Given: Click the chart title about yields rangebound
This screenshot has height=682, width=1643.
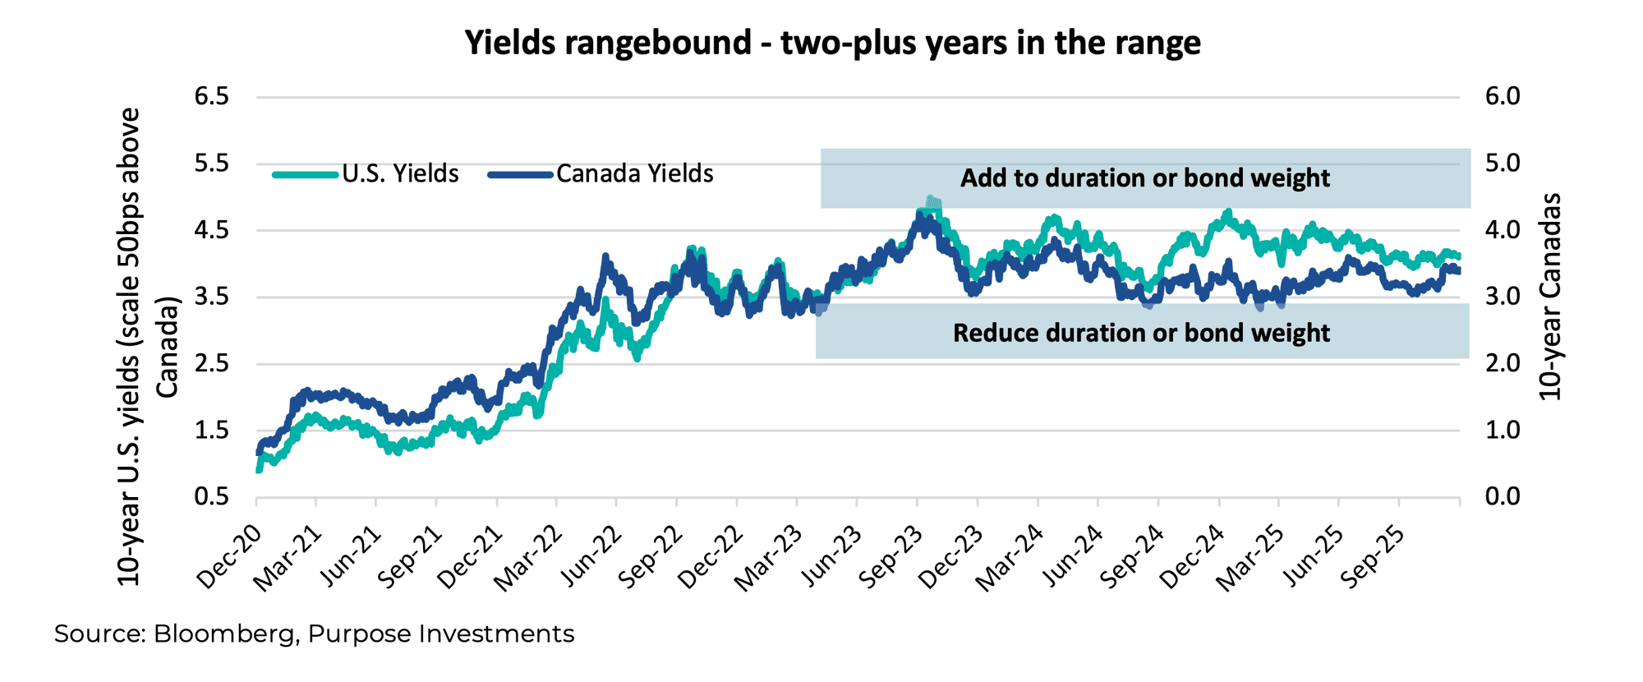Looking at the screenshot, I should pos(832,43).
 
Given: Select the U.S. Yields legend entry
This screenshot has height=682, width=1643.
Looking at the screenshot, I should pos(400,174).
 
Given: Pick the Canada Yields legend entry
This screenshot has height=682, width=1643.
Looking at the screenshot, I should pos(634,174).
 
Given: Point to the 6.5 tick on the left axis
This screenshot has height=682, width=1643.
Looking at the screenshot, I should pos(211,97).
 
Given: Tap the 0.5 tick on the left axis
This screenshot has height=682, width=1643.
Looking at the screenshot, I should pos(211,497).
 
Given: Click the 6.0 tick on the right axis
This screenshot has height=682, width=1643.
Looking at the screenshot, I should pos(1503,97).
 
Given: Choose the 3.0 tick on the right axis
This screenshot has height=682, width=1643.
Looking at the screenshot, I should pos(1503,297).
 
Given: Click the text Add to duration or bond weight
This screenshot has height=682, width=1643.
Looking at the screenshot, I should pos(1144,178).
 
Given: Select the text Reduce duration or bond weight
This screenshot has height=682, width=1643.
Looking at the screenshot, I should pos(1141,333).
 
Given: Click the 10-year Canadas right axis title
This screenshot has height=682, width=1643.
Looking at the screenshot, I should pos(1549,297).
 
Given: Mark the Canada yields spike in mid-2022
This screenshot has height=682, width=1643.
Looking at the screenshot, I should pos(605,258).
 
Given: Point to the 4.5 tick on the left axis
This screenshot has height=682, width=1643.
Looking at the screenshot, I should pos(211,230).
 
